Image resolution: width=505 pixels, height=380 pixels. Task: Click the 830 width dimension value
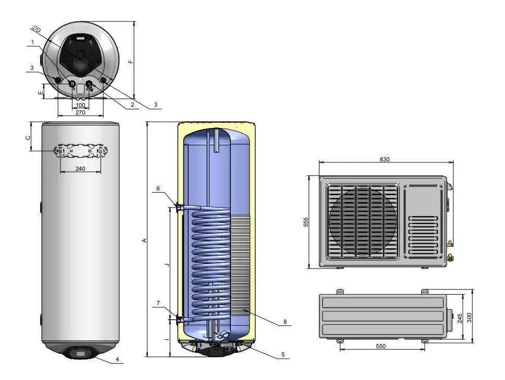[x=385, y=159]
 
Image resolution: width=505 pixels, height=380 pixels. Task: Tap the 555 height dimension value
[x=306, y=222]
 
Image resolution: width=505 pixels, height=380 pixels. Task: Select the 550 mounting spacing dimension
[x=380, y=346]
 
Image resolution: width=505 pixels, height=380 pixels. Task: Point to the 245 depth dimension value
[x=460, y=318]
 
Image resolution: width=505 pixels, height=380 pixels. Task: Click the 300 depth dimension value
[x=469, y=318]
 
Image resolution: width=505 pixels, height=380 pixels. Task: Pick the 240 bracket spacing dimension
[x=80, y=169]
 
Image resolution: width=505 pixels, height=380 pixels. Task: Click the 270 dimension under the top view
[x=80, y=112]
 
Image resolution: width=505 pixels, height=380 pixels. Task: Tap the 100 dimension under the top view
[x=80, y=105]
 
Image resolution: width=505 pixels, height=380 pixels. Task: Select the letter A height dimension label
[x=144, y=240]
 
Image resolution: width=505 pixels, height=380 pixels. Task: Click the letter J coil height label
[x=166, y=264]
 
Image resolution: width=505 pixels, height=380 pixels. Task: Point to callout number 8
[x=285, y=322]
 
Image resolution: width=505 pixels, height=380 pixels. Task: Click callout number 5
[x=283, y=354]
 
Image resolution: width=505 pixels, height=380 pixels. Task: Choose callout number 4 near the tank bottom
[x=118, y=359]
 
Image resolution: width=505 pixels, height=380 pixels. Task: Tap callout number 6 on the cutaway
[x=158, y=188]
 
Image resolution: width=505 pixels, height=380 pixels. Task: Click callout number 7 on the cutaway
[x=158, y=303]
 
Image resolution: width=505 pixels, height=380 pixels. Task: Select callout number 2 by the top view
[x=132, y=105]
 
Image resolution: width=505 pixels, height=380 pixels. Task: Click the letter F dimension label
[x=130, y=61]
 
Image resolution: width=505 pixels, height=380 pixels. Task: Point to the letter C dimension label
[x=28, y=138]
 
